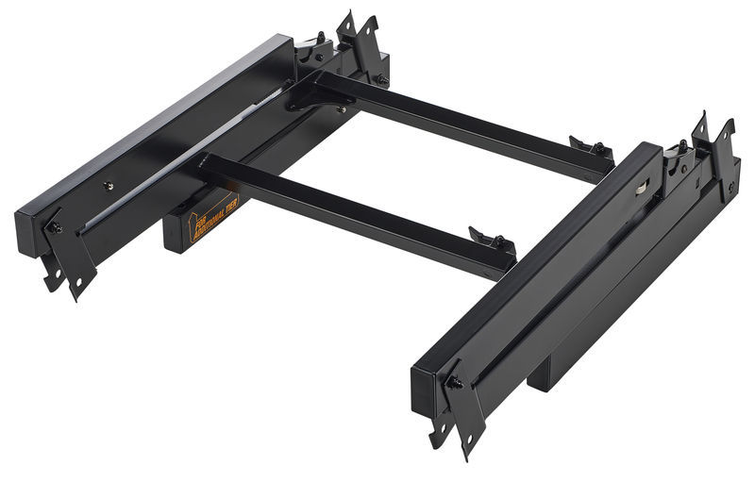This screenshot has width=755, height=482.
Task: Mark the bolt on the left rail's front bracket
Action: [x=58, y=227]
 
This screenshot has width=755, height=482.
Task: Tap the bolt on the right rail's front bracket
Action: [x=454, y=382]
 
